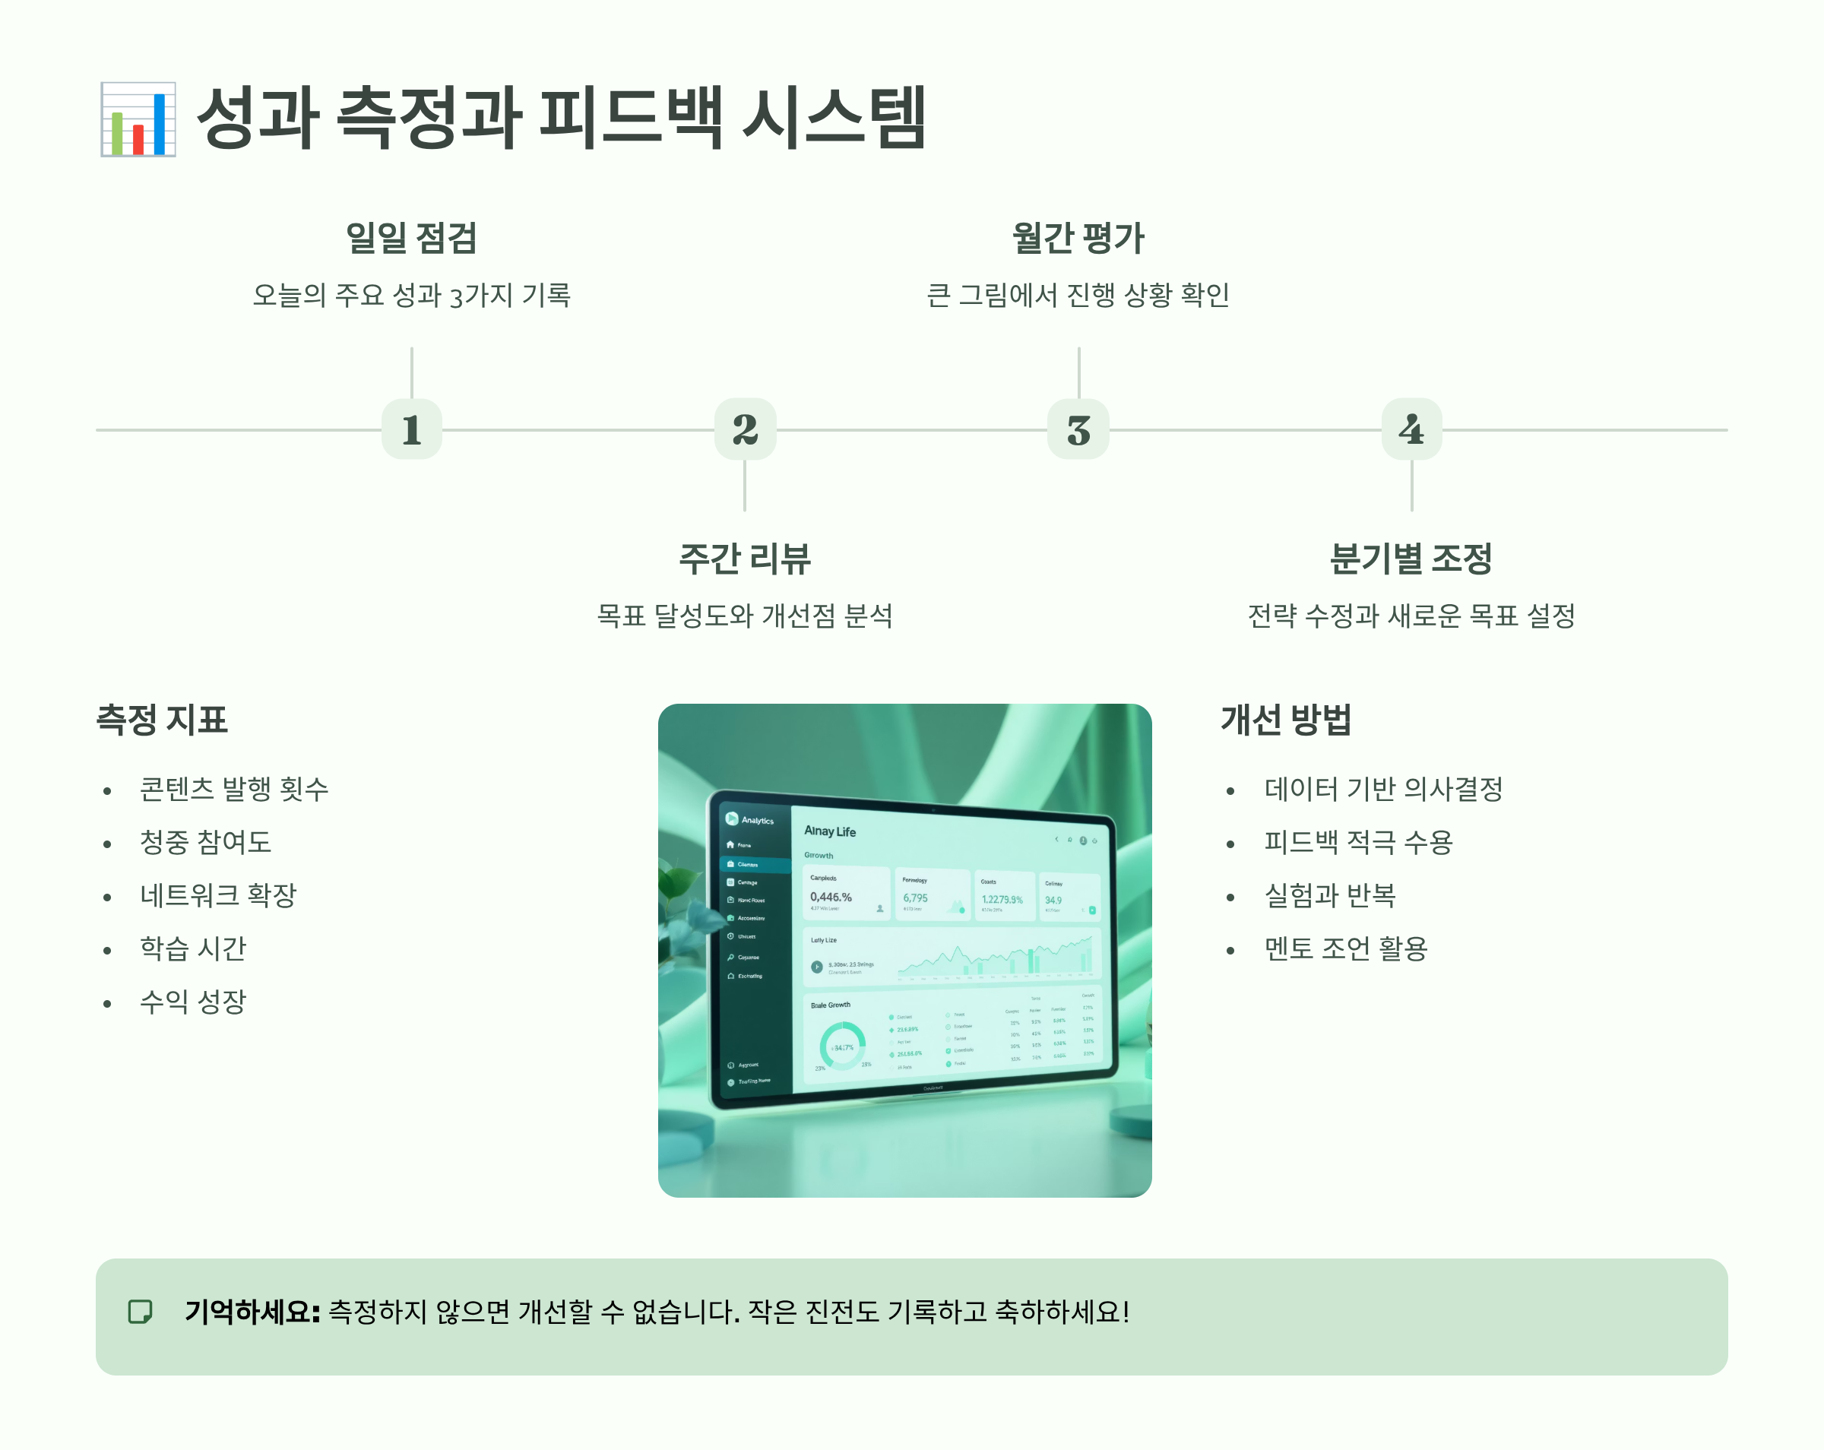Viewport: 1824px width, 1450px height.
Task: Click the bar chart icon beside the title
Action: click(x=138, y=119)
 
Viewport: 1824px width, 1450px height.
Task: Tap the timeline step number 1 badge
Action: click(x=412, y=429)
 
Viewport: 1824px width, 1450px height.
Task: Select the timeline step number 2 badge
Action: click(x=746, y=429)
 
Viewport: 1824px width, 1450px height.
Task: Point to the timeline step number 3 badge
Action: click(x=1078, y=429)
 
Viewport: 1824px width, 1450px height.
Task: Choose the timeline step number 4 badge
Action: click(x=1411, y=429)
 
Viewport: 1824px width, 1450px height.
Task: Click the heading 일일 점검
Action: click(x=412, y=238)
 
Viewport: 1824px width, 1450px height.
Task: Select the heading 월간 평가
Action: click(x=1078, y=238)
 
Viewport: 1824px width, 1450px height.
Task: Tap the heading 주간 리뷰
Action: click(x=746, y=559)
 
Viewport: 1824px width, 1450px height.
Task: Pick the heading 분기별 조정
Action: click(x=1411, y=559)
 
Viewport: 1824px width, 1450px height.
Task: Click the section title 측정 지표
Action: click(x=162, y=720)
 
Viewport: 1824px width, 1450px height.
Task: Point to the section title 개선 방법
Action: click(x=1286, y=720)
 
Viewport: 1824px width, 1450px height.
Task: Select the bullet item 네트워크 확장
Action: click(x=218, y=895)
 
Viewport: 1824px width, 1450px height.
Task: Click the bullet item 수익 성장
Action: click(x=193, y=1002)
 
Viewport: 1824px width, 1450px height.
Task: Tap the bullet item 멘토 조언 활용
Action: click(x=1346, y=948)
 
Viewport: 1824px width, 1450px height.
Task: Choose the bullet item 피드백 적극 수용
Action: click(x=1359, y=842)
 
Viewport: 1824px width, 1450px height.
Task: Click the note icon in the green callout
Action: click(x=141, y=1312)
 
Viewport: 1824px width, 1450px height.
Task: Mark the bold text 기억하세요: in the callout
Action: click(x=252, y=1312)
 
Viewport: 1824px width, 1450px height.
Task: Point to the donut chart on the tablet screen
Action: click(x=843, y=1046)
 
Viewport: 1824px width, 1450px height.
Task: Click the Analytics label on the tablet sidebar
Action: click(x=757, y=821)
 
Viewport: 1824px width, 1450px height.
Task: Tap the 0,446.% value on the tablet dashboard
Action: click(x=831, y=897)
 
